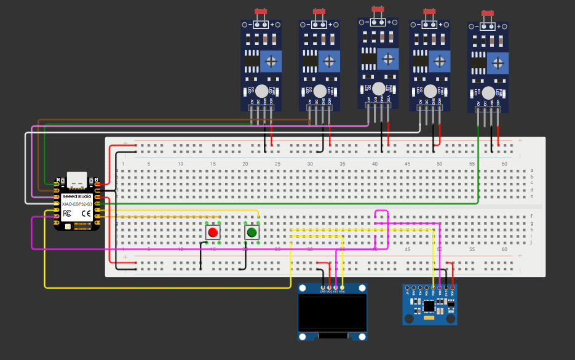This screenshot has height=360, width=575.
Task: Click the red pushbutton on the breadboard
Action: tap(213, 232)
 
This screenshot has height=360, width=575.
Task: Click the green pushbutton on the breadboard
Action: tap(252, 232)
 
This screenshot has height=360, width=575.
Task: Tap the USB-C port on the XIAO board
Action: tap(77, 180)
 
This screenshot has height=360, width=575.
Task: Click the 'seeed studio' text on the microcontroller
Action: tap(77, 196)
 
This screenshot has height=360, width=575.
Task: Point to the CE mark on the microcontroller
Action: tap(87, 214)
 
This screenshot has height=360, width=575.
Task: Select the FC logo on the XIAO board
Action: tap(68, 214)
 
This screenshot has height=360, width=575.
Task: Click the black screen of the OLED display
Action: tap(332, 313)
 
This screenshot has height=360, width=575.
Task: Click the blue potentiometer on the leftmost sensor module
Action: tap(271, 61)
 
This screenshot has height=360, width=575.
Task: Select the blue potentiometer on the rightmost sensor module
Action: tap(498, 63)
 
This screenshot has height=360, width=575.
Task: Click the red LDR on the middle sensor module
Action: tap(378, 9)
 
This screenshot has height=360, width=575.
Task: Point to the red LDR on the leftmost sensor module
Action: tap(260, 12)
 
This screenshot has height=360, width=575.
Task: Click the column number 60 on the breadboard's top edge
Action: tap(504, 163)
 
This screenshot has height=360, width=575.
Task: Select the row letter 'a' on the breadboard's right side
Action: tap(532, 170)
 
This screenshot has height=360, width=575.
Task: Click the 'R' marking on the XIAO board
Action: tap(58, 180)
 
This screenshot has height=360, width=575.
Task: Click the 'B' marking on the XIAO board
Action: tap(97, 180)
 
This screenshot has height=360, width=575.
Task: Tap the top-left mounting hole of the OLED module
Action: tap(303, 288)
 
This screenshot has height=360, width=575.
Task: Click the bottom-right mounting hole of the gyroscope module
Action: tap(451, 319)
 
